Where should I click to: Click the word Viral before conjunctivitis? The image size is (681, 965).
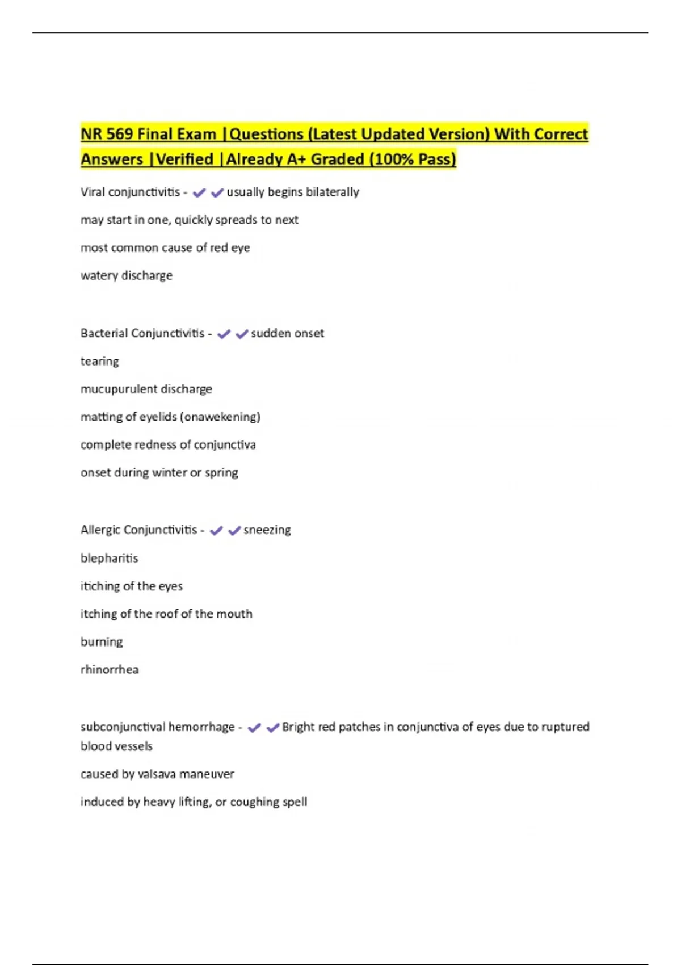(93, 192)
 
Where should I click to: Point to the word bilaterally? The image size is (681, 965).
(332, 192)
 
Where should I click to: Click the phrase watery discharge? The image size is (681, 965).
(127, 275)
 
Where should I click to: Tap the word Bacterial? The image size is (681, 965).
(103, 333)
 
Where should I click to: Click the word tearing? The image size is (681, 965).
(100, 361)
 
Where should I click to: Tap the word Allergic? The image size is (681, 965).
(100, 530)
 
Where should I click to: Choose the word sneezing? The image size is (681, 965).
(267, 530)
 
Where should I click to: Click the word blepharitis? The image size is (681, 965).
(110, 558)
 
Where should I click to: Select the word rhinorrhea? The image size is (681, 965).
(110, 669)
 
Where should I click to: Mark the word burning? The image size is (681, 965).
(102, 641)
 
